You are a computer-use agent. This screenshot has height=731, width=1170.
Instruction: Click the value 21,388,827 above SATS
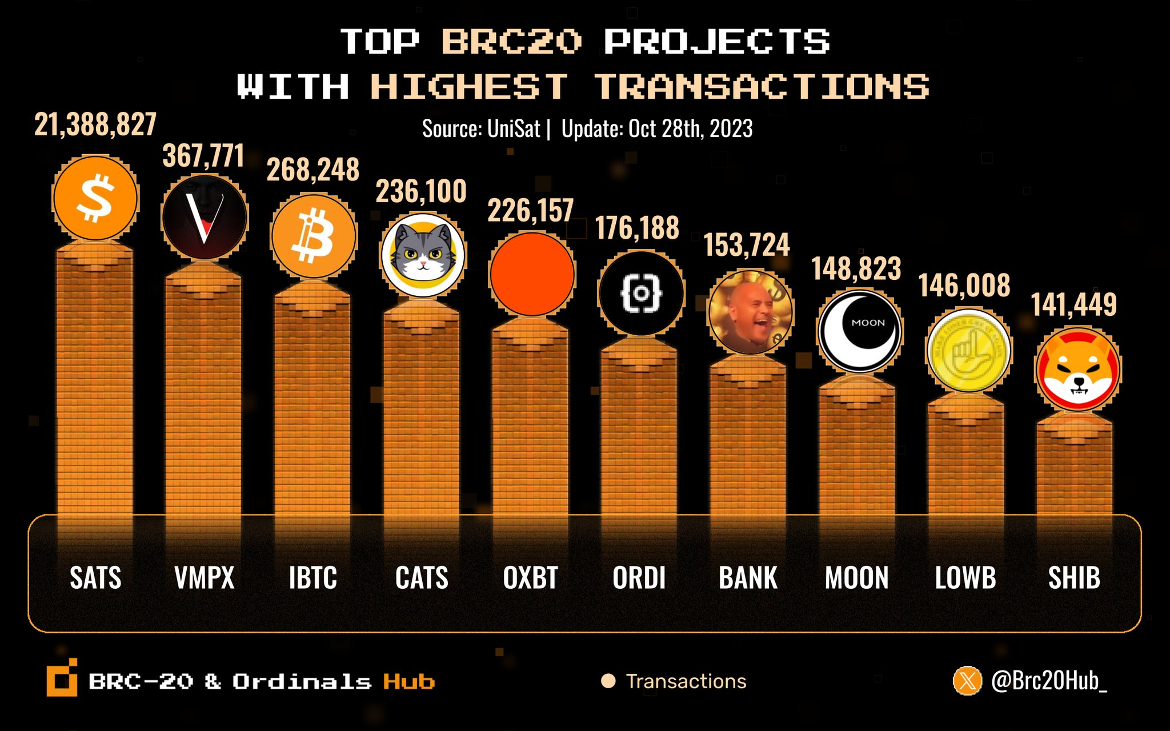pyautogui.click(x=95, y=124)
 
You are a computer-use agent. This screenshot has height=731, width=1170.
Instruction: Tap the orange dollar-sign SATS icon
pyautogui.click(x=95, y=198)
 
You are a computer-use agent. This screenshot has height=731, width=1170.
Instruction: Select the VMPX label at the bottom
pyautogui.click(x=205, y=577)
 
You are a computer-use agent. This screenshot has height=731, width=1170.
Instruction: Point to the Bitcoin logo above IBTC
pyautogui.click(x=313, y=236)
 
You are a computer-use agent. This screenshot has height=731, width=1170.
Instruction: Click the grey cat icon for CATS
pyautogui.click(x=423, y=255)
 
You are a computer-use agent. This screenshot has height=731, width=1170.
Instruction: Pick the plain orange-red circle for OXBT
pyautogui.click(x=532, y=274)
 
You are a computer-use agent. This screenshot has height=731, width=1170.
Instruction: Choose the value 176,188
pyautogui.click(x=637, y=228)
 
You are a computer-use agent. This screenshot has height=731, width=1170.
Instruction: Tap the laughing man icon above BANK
pyautogui.click(x=750, y=312)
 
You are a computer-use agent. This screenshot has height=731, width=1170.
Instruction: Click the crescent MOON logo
pyautogui.click(x=859, y=331)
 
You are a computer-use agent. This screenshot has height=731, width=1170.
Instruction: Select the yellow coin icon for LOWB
pyautogui.click(x=968, y=351)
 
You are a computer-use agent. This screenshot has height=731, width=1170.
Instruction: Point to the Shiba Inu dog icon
pyautogui.click(x=1077, y=369)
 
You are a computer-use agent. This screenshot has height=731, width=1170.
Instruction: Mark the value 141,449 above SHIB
pyautogui.click(x=1073, y=304)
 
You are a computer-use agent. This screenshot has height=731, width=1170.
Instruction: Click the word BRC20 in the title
pyautogui.click(x=511, y=42)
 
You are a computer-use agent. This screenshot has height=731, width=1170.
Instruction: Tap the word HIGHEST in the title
pyautogui.click(x=469, y=87)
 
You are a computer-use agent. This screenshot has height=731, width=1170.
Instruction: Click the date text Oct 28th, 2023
pyautogui.click(x=690, y=129)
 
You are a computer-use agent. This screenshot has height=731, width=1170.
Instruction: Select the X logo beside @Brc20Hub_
pyautogui.click(x=967, y=681)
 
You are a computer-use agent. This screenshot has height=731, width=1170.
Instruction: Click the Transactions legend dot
pyautogui.click(x=608, y=681)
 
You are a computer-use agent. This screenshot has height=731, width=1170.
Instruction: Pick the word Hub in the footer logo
pyautogui.click(x=408, y=681)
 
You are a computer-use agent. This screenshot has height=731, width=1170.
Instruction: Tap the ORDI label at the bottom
pyautogui.click(x=639, y=577)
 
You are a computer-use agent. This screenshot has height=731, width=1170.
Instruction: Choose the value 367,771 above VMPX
pyautogui.click(x=203, y=156)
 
